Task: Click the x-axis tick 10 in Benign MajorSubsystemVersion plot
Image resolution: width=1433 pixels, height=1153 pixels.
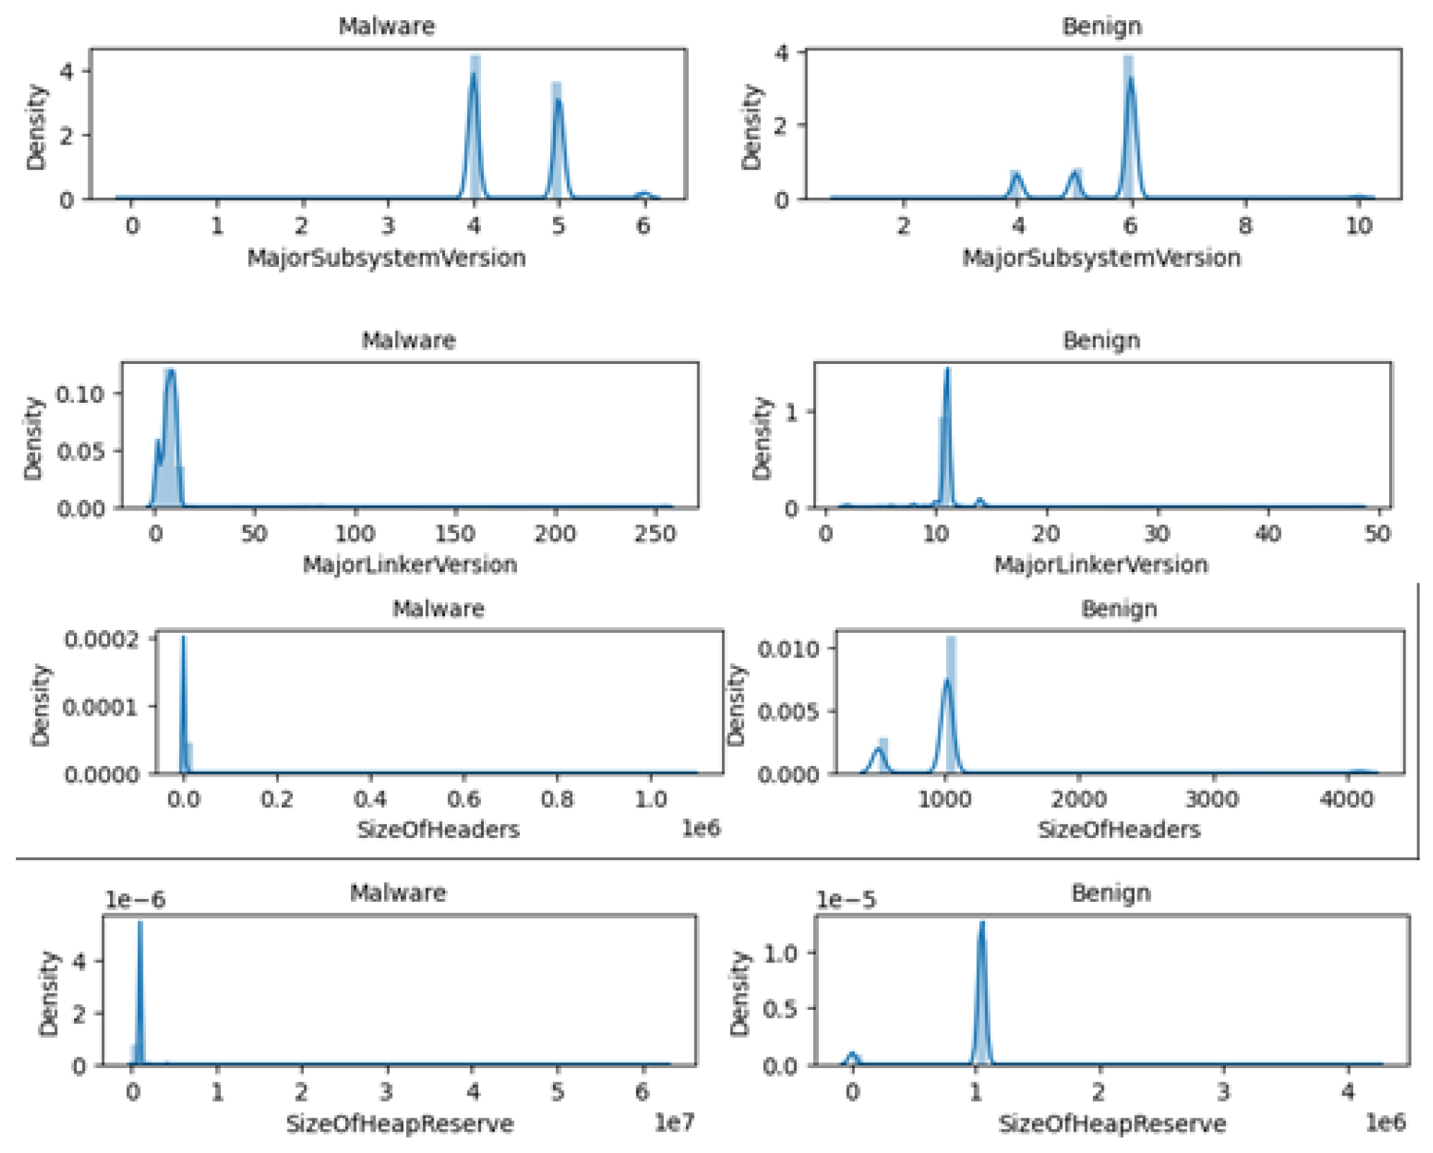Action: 1358,226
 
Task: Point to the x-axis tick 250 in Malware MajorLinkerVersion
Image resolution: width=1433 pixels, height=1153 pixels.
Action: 655,534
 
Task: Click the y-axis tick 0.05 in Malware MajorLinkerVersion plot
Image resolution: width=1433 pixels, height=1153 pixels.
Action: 80,451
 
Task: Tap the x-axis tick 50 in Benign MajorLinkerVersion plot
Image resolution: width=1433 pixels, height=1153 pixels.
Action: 1377,534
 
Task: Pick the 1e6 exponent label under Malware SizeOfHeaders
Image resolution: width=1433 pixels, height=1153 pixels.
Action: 700,829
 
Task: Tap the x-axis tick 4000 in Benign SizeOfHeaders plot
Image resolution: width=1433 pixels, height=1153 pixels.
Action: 1347,799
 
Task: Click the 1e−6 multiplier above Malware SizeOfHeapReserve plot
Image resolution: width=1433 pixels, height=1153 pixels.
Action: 135,900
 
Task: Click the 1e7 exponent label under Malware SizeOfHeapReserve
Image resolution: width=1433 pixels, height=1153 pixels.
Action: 674,1122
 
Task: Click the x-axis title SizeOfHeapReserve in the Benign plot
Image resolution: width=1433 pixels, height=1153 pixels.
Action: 1112,1124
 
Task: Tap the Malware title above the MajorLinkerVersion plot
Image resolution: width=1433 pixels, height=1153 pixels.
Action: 408,340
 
